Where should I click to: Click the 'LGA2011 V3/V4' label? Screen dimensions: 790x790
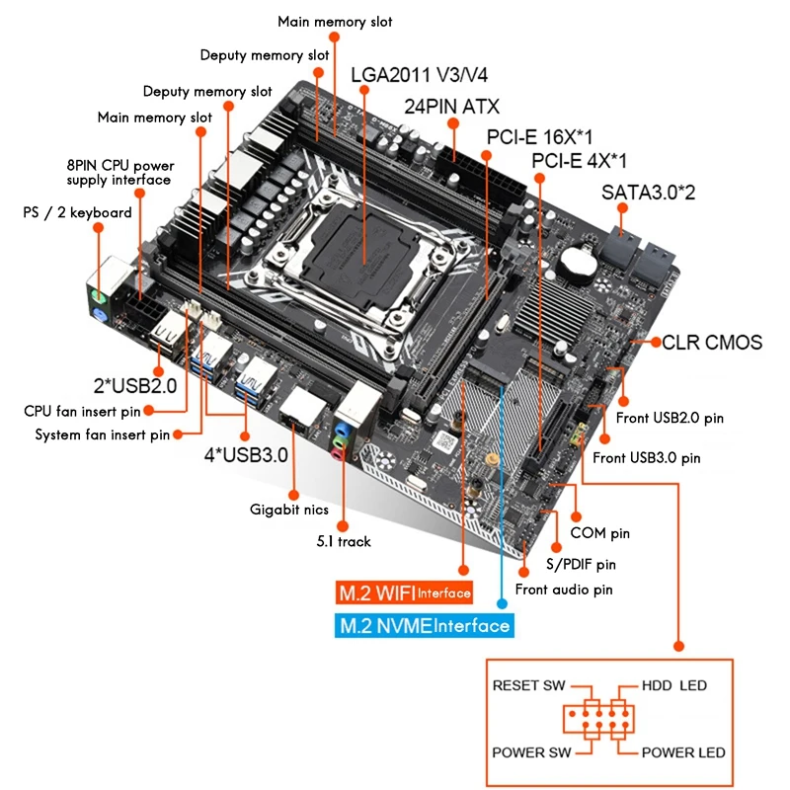[419, 74]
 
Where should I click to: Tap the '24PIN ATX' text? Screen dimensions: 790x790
[451, 106]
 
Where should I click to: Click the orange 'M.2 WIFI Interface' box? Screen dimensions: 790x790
[404, 593]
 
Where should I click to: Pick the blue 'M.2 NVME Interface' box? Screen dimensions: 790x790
[424, 625]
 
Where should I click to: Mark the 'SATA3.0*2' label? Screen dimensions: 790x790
[648, 193]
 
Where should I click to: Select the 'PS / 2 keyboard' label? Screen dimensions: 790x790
[77, 212]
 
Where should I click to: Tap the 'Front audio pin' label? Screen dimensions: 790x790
[565, 590]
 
